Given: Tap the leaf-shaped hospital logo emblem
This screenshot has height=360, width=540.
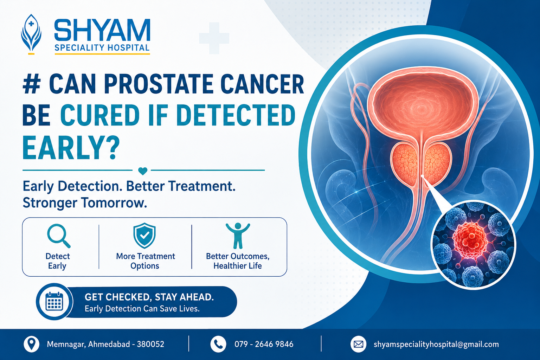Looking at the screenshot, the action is coord(31,34).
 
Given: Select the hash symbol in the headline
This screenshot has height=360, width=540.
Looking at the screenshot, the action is coord(32,84).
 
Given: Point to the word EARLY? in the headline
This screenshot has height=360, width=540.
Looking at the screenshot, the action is coord(71,147).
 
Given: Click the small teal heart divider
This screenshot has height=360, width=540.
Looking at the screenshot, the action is coord(143,171).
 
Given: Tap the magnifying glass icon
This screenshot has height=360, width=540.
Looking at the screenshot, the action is coord(59,236).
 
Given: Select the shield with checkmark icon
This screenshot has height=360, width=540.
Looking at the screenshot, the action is coord(144,236).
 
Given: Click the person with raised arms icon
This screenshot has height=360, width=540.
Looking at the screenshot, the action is coord(238,236).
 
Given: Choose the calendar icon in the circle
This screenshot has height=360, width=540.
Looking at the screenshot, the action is coord(54,301).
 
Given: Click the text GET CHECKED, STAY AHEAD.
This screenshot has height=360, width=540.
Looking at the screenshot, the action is coord(149,297).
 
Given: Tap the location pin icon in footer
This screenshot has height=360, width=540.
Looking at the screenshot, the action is coord(31,344).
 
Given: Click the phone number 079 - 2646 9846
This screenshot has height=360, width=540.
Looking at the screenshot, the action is coord(264,344).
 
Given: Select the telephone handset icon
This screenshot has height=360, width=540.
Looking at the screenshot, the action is coord(218,344).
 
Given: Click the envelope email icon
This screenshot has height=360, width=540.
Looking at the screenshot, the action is coord(358,344).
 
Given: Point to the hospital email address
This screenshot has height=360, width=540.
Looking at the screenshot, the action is coord(436,344).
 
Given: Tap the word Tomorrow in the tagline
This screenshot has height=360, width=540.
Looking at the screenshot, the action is coord(114,203).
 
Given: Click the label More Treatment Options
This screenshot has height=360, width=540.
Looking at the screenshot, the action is coord(145,261).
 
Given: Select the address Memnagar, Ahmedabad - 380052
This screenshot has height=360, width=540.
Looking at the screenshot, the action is coord(105,344).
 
